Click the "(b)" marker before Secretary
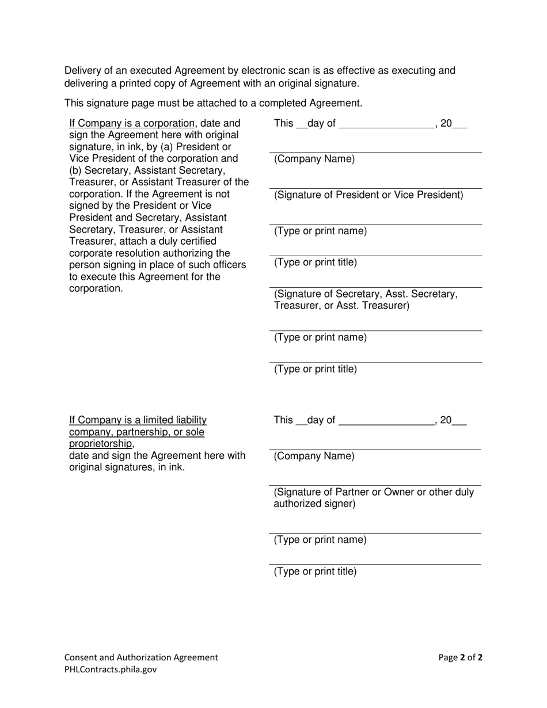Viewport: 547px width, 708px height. point(77,170)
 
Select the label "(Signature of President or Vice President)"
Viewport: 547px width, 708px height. point(369,195)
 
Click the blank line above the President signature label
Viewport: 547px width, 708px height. point(375,187)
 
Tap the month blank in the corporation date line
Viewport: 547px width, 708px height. point(386,124)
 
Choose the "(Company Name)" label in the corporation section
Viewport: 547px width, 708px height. point(314,159)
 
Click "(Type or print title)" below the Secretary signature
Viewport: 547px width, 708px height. point(316,369)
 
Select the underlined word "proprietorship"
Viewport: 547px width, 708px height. point(101,444)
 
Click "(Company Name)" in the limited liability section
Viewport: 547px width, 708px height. point(314,456)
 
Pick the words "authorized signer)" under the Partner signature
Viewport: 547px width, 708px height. point(314,504)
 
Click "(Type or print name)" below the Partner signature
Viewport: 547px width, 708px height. point(320,540)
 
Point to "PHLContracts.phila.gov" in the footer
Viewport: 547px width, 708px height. point(111,669)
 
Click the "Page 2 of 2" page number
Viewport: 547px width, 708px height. point(461,657)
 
